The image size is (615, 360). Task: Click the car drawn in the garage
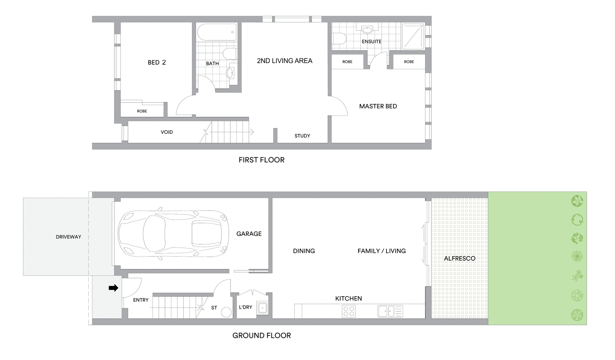pos(173,234)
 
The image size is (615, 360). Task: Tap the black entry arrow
pos(113,288)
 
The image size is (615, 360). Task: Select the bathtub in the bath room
pos(217,32)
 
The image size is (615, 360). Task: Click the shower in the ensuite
pos(413,37)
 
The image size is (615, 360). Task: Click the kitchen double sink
pos(390,311)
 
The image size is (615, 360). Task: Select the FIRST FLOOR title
pos(262,160)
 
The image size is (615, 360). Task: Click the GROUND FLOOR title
pos(262,335)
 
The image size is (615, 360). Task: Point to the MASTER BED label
pos(378,106)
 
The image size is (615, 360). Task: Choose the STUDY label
pos(302,136)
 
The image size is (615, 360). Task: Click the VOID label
pos(167,132)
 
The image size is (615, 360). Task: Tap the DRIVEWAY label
pos(69,237)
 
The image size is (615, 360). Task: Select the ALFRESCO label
pos(460,258)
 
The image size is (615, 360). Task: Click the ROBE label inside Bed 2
pos(142,111)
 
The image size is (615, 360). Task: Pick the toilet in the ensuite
pos(339,39)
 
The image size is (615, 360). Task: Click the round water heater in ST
pos(226,313)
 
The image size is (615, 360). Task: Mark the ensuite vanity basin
pos(367,30)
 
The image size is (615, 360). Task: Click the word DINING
pos(304,251)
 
